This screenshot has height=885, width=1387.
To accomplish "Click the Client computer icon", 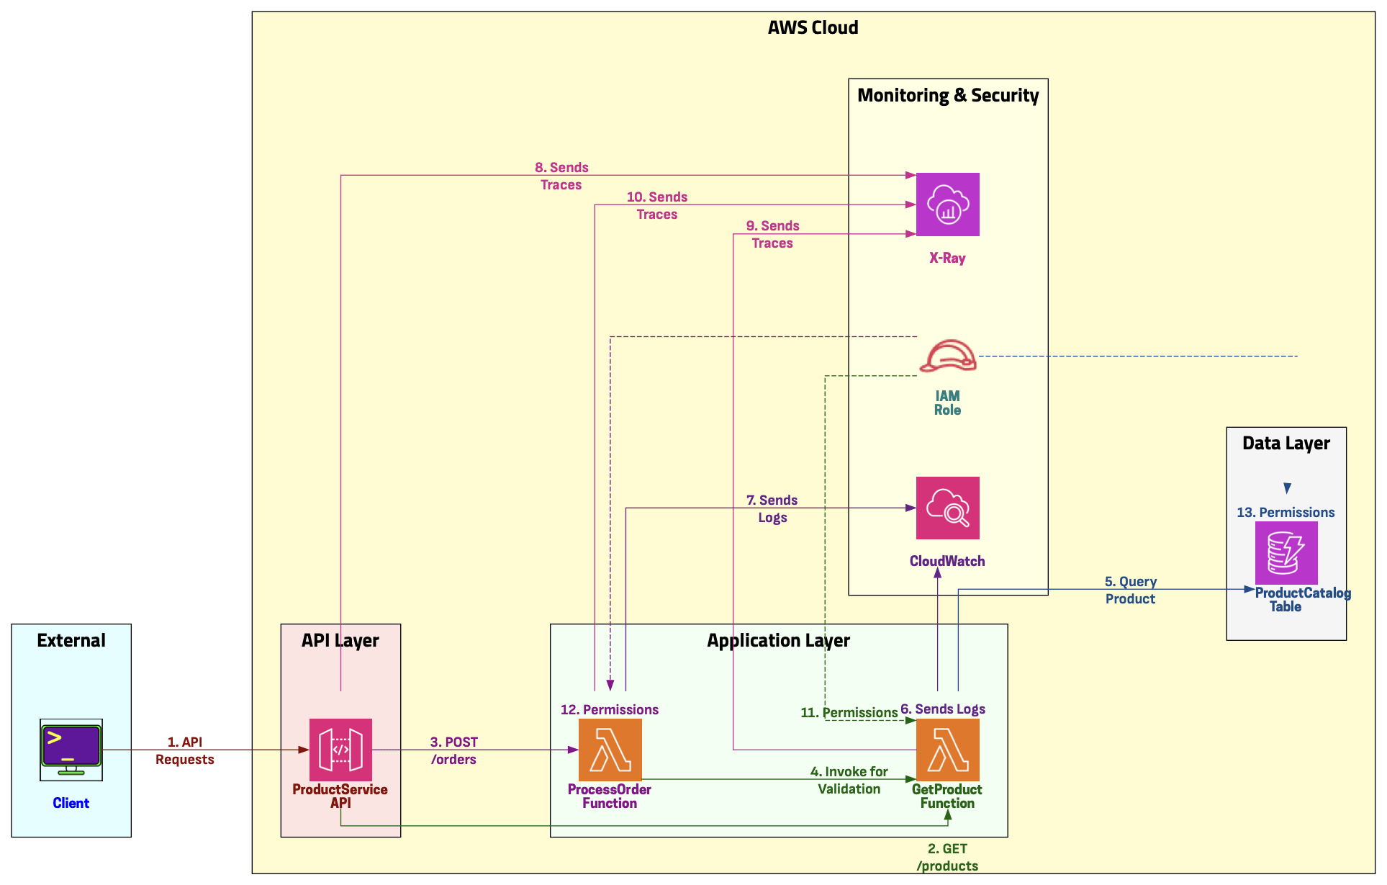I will [71, 750].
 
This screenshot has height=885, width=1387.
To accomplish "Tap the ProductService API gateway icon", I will [340, 750].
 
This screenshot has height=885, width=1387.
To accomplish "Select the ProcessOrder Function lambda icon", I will [610, 750].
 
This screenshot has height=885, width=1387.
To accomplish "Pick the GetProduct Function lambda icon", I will [947, 750].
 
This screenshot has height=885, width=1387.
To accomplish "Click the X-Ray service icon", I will [947, 205].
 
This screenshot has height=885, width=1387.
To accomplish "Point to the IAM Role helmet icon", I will [948, 356].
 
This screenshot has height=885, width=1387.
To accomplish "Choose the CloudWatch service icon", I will [947, 508].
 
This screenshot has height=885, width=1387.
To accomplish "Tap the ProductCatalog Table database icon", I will [1286, 553].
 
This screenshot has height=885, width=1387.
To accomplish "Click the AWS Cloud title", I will [813, 28].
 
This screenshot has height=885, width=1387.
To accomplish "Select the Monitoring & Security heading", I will [948, 96].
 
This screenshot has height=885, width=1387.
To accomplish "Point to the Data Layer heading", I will [1286, 444].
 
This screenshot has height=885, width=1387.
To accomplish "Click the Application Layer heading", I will [778, 641].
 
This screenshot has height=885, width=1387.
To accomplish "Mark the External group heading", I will [71, 641].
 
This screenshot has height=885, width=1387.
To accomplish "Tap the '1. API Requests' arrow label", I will [185, 750].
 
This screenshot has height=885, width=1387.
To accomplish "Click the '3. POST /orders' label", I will [453, 750].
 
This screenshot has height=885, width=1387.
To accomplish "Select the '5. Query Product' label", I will [1131, 590].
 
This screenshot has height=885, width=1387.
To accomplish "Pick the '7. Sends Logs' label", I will [772, 508].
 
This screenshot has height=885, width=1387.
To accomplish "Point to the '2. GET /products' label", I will [947, 857].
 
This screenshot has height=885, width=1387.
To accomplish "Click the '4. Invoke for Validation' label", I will [849, 780].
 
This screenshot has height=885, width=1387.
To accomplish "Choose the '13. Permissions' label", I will [1286, 513].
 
